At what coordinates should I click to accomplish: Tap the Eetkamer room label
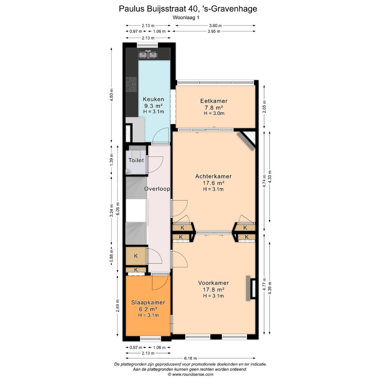(x=214, y=101)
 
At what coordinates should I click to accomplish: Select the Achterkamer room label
(x=213, y=176)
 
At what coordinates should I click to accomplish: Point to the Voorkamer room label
(x=213, y=283)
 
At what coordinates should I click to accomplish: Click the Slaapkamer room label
(x=148, y=303)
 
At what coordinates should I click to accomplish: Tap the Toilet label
(x=136, y=161)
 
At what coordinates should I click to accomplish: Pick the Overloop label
(x=157, y=189)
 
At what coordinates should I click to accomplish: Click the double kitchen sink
(x=148, y=55)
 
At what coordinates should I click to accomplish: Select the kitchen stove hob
(x=131, y=84)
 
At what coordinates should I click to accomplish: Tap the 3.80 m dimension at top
(x=215, y=25)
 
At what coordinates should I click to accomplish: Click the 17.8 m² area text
(x=213, y=290)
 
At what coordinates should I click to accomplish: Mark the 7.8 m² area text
(x=214, y=108)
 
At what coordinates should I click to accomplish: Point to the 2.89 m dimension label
(x=118, y=306)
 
